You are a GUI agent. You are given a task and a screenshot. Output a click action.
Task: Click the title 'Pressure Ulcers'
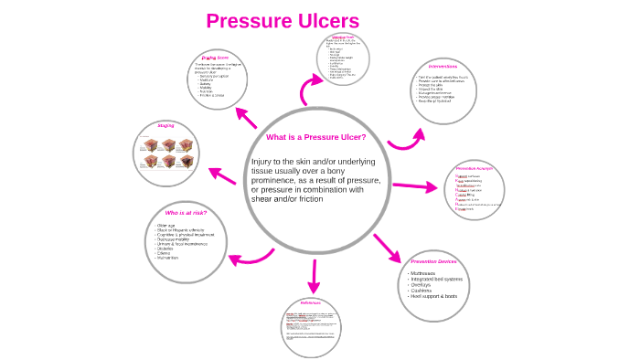coord(283,21)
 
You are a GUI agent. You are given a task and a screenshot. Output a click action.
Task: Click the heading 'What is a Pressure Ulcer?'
coord(315,137)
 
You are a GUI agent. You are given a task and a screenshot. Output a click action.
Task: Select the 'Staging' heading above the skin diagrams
coord(165,125)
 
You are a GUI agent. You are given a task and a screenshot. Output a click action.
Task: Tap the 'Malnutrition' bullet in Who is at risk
coord(173,259)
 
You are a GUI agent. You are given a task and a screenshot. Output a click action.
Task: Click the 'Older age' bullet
coord(167,225)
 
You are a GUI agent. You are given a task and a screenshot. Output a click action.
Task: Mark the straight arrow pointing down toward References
coord(314,274)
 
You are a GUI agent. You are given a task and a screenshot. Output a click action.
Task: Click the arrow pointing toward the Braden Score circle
coord(249,119)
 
